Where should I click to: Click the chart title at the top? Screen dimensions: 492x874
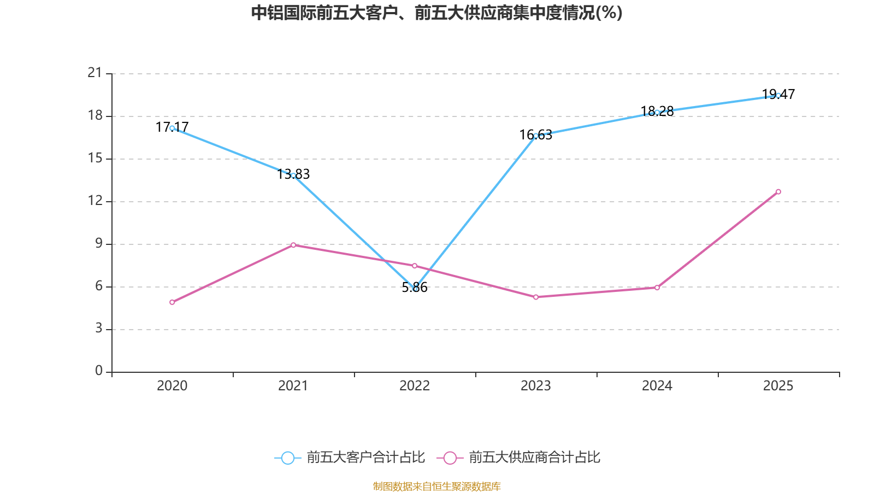(x=436, y=13)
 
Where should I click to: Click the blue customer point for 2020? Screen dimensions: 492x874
(x=172, y=128)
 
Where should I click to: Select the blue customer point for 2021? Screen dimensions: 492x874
(x=293, y=175)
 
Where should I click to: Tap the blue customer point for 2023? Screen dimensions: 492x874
(x=536, y=136)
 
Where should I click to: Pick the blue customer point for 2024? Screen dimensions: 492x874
(x=657, y=112)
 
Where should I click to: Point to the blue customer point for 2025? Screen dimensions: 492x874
(x=778, y=95)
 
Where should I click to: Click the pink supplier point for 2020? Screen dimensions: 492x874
(x=172, y=302)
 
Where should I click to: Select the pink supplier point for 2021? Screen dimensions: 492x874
(x=293, y=245)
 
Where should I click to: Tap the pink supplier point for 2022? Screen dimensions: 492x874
(x=415, y=266)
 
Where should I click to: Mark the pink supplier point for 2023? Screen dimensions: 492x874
(x=536, y=297)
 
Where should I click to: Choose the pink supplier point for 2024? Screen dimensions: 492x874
(x=657, y=288)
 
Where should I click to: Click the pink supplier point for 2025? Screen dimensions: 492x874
(x=778, y=191)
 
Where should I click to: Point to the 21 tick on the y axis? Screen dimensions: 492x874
(x=95, y=73)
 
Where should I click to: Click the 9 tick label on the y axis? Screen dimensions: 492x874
(x=99, y=243)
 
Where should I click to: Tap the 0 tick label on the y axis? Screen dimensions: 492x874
(x=99, y=371)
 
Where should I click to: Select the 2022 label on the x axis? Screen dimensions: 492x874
(x=415, y=386)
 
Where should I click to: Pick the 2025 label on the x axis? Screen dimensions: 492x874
(x=778, y=386)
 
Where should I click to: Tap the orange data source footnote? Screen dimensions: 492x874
(x=436, y=486)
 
